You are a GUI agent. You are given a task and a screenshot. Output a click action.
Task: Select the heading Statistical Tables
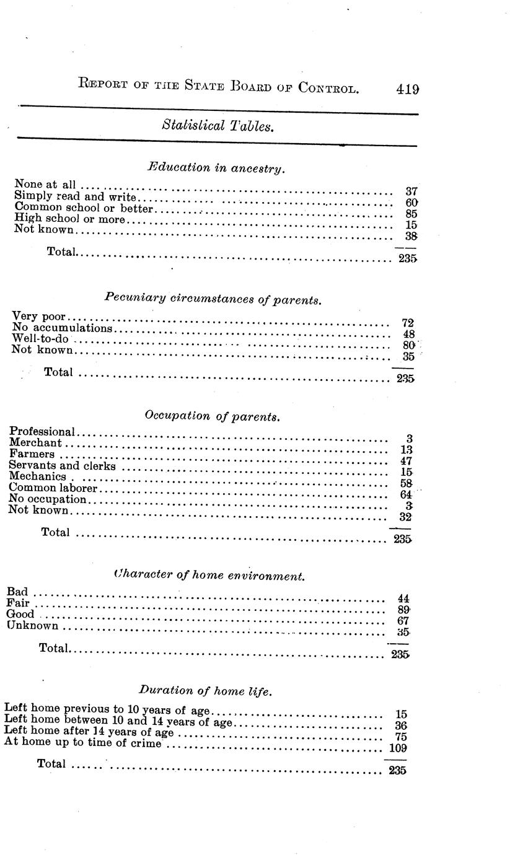218,126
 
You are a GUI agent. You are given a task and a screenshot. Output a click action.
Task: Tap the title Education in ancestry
216,167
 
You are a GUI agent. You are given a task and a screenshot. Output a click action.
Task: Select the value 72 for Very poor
407,323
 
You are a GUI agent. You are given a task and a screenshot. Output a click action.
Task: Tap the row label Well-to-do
40,339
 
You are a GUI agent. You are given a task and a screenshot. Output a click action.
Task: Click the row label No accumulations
63,328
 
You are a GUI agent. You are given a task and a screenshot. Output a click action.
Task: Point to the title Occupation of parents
213,416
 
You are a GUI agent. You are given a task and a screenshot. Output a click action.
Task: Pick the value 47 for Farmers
406,461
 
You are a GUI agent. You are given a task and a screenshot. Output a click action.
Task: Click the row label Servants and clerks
63,465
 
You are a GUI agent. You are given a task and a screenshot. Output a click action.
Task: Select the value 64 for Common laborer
406,494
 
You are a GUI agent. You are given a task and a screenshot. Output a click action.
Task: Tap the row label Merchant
36,442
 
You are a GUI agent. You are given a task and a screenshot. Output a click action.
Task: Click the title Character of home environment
210,576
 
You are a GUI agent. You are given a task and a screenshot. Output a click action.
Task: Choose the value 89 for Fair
405,610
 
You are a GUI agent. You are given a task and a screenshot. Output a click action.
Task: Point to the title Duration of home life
204,690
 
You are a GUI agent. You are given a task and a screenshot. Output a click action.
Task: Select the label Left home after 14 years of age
89,731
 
